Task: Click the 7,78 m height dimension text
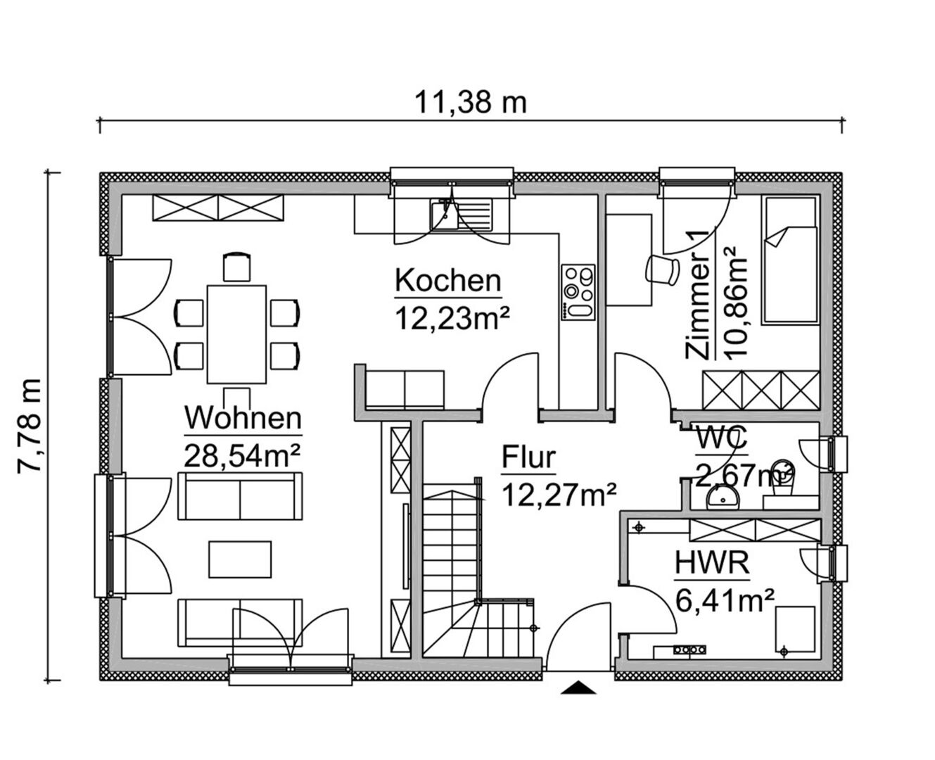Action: [x=30, y=426]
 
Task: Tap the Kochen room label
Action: [x=447, y=281]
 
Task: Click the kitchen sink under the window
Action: [x=461, y=215]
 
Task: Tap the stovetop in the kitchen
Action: [x=578, y=292]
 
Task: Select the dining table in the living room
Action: [x=236, y=334]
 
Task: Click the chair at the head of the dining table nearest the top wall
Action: [x=237, y=267]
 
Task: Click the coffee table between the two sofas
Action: [x=240, y=559]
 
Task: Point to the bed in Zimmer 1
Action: [x=791, y=261]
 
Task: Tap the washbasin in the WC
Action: [x=723, y=499]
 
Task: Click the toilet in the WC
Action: [x=782, y=477]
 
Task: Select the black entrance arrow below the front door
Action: [x=578, y=687]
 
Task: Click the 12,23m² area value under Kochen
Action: [x=452, y=318]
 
